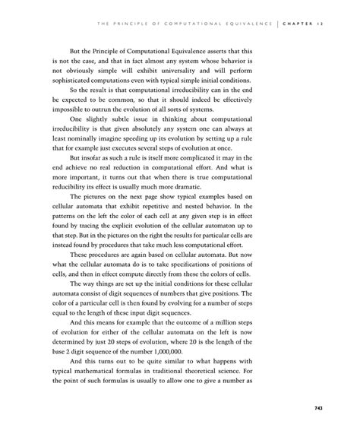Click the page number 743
click(x=319, y=408)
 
